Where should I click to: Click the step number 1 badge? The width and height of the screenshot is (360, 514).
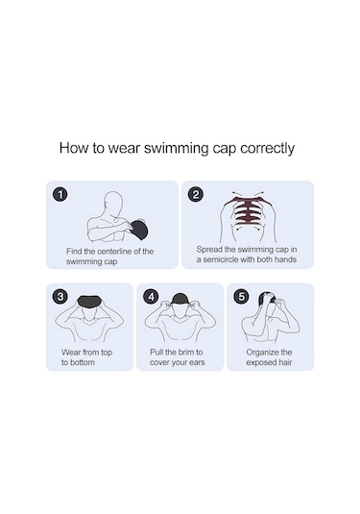click(60, 194)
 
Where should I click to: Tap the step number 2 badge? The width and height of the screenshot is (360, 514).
click(196, 194)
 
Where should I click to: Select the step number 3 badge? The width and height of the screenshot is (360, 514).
click(60, 297)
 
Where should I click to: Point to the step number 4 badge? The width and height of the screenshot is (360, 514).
click(151, 297)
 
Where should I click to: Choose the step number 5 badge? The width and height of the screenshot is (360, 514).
click(241, 297)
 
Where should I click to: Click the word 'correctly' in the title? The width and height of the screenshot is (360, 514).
click(267, 149)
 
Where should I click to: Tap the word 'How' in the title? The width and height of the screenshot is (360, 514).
click(74, 148)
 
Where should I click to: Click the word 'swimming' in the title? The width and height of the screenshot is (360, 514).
click(177, 149)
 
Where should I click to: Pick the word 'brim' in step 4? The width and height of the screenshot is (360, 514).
click(185, 353)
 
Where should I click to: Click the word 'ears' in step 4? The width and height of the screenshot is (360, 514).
click(197, 362)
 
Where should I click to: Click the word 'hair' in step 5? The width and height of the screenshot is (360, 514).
click(285, 362)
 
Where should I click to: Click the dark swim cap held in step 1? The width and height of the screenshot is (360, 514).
click(139, 229)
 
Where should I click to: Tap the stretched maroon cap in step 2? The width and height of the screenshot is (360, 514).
click(249, 210)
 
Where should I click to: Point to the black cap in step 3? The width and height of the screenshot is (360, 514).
click(89, 302)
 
